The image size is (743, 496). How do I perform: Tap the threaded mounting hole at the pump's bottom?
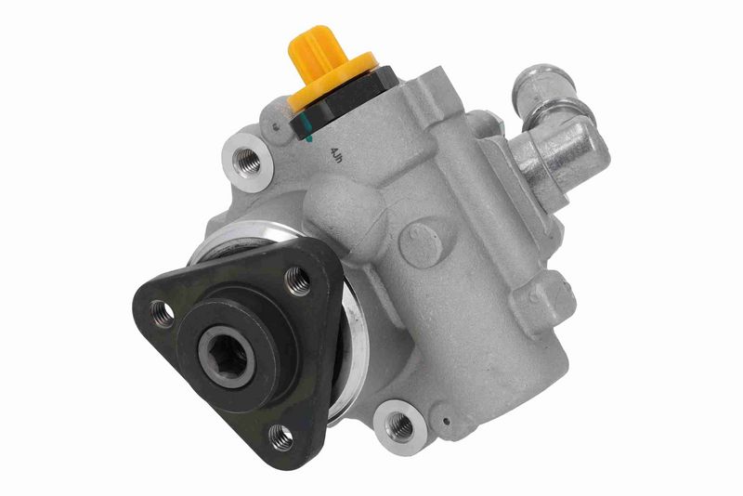click(x=399, y=424)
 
